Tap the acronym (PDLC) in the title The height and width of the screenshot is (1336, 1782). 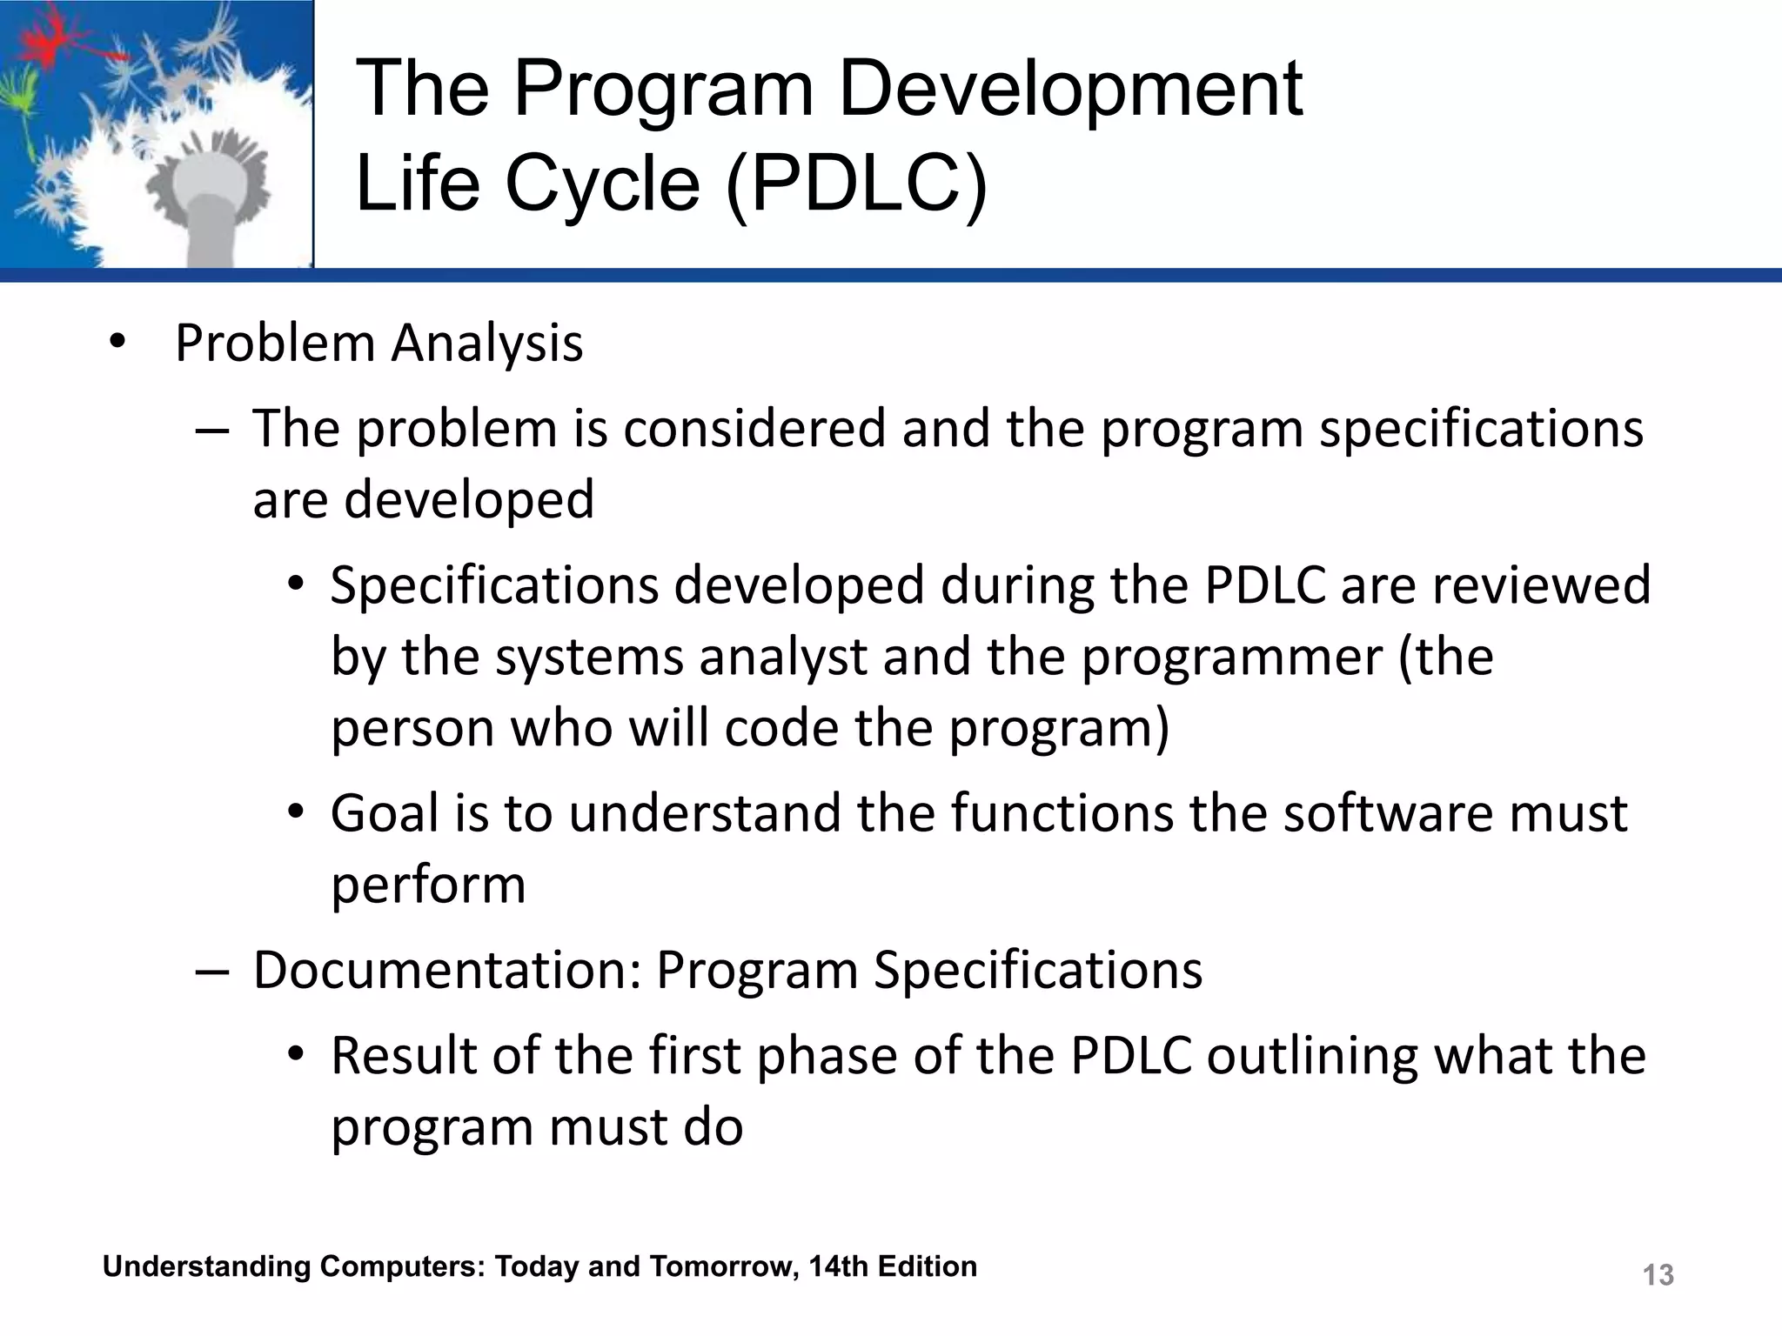pyautogui.click(x=856, y=184)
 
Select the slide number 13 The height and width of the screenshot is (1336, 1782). pyautogui.click(x=1658, y=1275)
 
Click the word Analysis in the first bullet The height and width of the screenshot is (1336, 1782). pyautogui.click(x=486, y=344)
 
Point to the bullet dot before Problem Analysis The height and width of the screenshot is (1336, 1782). pyautogui.click(x=117, y=342)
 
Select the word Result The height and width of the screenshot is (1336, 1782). pyautogui.click(x=404, y=1056)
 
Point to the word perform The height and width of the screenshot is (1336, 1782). pyautogui.click(x=428, y=885)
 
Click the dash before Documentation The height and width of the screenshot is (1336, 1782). pyautogui.click(x=211, y=972)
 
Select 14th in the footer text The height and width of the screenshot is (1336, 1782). pyautogui.click(x=839, y=1266)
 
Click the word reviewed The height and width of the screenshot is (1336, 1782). pyautogui.click(x=1540, y=585)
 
